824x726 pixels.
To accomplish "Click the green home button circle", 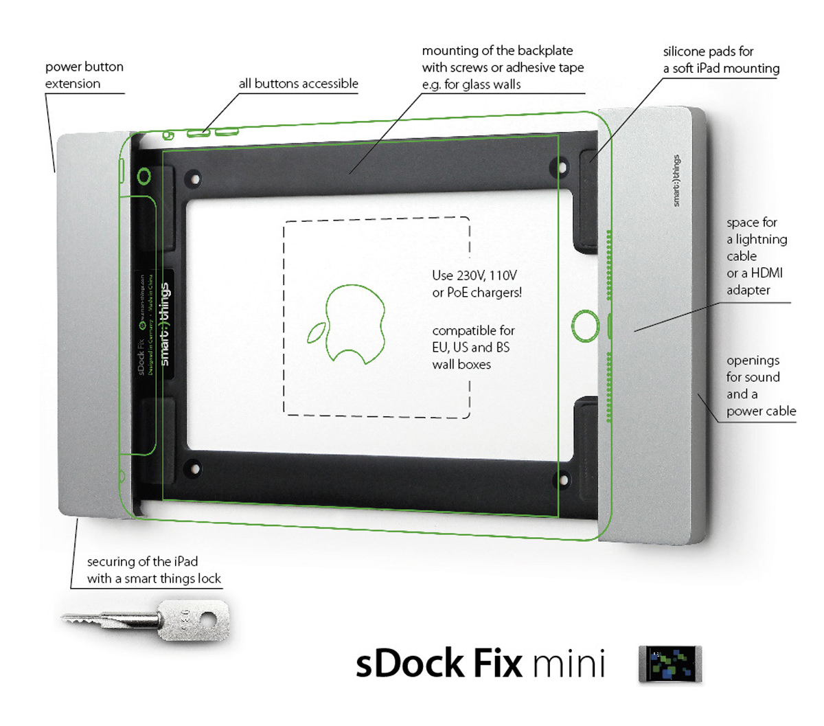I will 585,325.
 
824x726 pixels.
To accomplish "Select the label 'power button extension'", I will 84,76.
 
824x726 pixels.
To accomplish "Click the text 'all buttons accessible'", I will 298,84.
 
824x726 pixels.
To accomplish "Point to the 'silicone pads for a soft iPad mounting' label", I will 721,60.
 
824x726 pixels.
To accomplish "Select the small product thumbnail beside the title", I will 670,663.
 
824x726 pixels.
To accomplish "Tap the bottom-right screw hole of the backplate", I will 564,480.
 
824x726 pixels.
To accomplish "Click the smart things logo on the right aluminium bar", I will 676,181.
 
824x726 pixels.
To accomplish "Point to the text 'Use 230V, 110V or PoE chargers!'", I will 477,284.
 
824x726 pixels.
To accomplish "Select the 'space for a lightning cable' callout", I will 756,256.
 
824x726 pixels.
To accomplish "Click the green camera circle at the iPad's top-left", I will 144,177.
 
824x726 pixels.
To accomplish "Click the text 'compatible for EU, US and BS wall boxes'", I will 472,347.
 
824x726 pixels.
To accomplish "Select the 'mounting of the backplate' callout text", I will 503,67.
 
